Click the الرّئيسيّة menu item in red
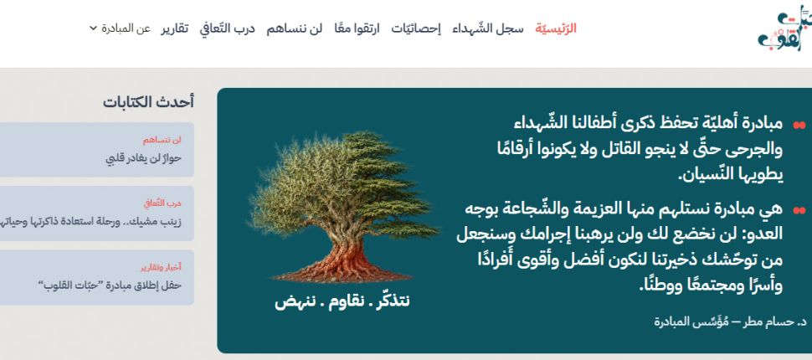pyautogui.click(x=556, y=28)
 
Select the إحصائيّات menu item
pyautogui.click(x=416, y=28)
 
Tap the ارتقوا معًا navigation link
pyautogui.click(x=357, y=28)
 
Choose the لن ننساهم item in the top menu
pyautogui.click(x=294, y=28)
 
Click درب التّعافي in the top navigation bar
pyautogui.click(x=228, y=28)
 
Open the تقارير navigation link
pyautogui.click(x=174, y=28)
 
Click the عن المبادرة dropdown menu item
pyautogui.click(x=126, y=28)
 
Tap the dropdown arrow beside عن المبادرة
pyautogui.click(x=93, y=28)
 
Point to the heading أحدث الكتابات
pyautogui.click(x=148, y=102)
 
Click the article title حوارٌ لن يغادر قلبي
pyautogui.click(x=143, y=158)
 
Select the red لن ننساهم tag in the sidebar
pyautogui.click(x=162, y=140)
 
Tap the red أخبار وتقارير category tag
pyautogui.click(x=161, y=267)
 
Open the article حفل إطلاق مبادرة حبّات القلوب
pyautogui.click(x=110, y=285)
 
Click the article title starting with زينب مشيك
pyautogui.click(x=90, y=222)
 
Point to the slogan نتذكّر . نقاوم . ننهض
pyautogui.click(x=342, y=301)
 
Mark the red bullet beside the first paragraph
pyautogui.click(x=799, y=125)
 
